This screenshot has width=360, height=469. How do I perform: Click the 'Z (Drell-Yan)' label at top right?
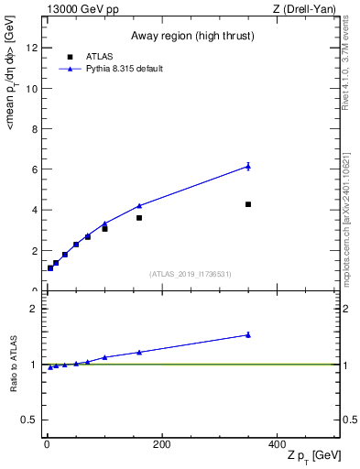(310, 9)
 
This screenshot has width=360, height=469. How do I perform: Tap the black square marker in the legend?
(70, 56)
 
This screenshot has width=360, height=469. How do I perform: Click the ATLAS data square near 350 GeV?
(248, 204)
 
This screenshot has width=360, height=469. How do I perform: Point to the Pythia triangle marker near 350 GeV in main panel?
(248, 166)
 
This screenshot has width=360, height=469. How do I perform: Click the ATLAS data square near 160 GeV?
(139, 218)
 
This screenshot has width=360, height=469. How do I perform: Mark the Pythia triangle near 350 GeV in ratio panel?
(248, 334)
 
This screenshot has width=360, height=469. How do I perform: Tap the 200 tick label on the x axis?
(161, 444)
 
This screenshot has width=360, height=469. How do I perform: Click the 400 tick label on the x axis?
(277, 444)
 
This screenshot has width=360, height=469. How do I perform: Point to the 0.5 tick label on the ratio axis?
(29, 420)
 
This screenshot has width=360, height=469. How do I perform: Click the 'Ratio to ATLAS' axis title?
(13, 365)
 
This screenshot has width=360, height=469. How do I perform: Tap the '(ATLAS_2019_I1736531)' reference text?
(191, 274)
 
